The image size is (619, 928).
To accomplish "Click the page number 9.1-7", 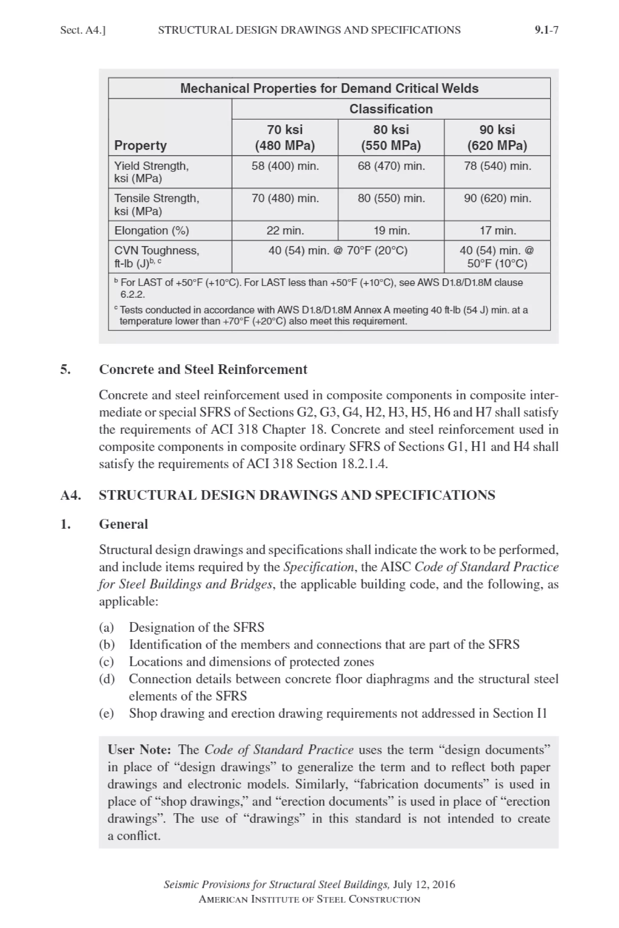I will click(546, 30).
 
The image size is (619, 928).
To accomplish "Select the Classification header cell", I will click(391, 109).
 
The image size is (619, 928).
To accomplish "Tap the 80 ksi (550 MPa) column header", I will click(391, 137).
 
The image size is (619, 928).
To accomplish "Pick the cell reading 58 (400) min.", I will click(285, 166).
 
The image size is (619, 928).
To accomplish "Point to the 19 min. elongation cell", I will click(391, 230).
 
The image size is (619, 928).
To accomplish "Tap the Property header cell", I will click(140, 146).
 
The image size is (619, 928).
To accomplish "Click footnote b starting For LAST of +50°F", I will click(320, 288).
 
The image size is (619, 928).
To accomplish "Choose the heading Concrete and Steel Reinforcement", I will click(203, 369).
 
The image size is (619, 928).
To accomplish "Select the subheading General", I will click(123, 524).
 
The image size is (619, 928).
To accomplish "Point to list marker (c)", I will click(106, 662).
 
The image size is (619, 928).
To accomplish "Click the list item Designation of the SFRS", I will click(196, 627).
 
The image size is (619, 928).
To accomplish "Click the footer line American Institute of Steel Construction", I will click(309, 899).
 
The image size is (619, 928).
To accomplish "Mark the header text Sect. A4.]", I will click(83, 30).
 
